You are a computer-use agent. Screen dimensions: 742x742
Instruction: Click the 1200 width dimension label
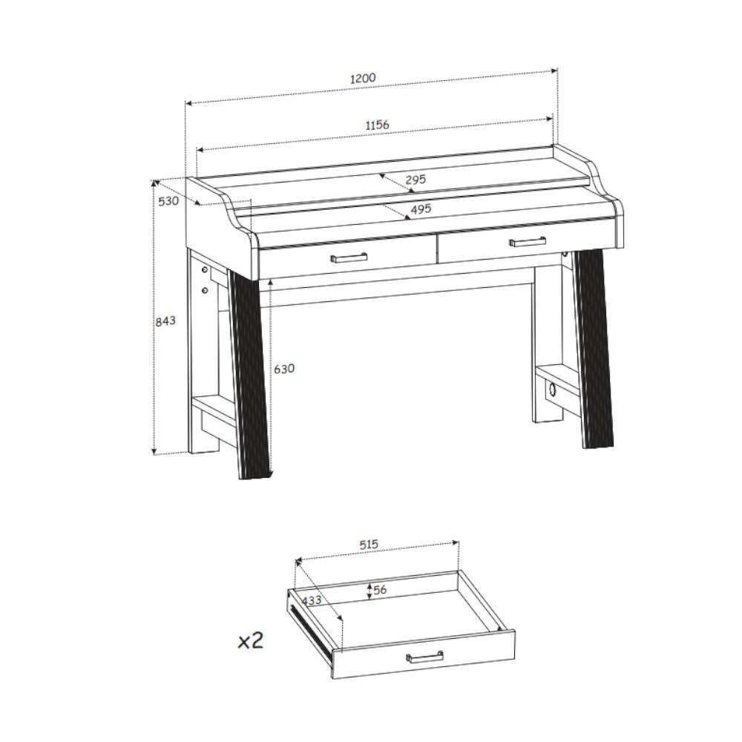point(363,78)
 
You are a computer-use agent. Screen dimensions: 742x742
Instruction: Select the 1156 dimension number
point(377,125)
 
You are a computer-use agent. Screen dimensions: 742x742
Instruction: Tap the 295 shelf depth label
point(416,180)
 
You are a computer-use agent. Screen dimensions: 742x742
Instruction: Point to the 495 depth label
point(421,209)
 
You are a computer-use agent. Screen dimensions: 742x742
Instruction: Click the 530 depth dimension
point(168,201)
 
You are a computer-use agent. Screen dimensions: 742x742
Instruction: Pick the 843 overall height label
point(165,321)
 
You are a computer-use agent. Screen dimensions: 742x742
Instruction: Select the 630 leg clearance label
point(284,368)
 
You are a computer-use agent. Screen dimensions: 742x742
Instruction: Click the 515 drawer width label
point(369,545)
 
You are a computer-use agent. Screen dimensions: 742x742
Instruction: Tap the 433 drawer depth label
point(312,600)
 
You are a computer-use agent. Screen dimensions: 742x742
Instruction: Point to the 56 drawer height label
point(380,590)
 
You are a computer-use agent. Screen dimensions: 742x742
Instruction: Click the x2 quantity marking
point(250,641)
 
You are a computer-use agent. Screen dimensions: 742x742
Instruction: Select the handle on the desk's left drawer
point(349,257)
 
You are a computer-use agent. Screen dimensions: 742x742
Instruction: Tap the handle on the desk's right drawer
point(527,241)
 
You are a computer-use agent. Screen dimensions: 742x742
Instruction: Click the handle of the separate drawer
point(425,657)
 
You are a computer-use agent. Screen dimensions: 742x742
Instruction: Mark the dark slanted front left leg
point(249,374)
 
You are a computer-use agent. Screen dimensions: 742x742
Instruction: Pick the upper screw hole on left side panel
point(205,270)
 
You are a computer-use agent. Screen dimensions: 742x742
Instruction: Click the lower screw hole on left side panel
point(205,289)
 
